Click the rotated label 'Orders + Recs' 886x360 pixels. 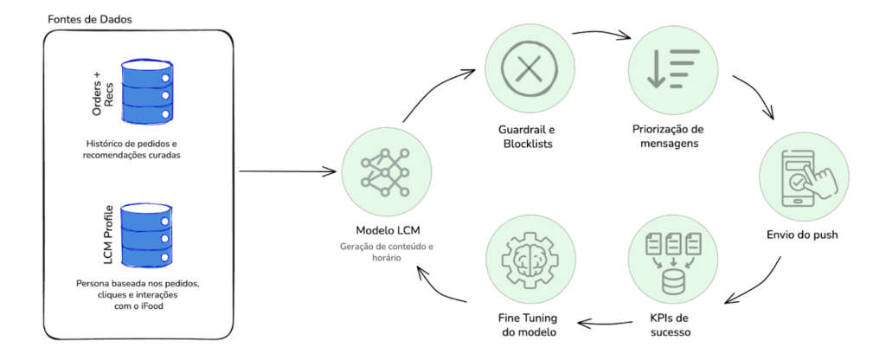click(x=103, y=92)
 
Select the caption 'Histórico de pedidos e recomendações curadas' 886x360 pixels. click(x=137, y=148)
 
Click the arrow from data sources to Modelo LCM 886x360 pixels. click(x=286, y=170)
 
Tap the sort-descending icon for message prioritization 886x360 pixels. click(x=664, y=68)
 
